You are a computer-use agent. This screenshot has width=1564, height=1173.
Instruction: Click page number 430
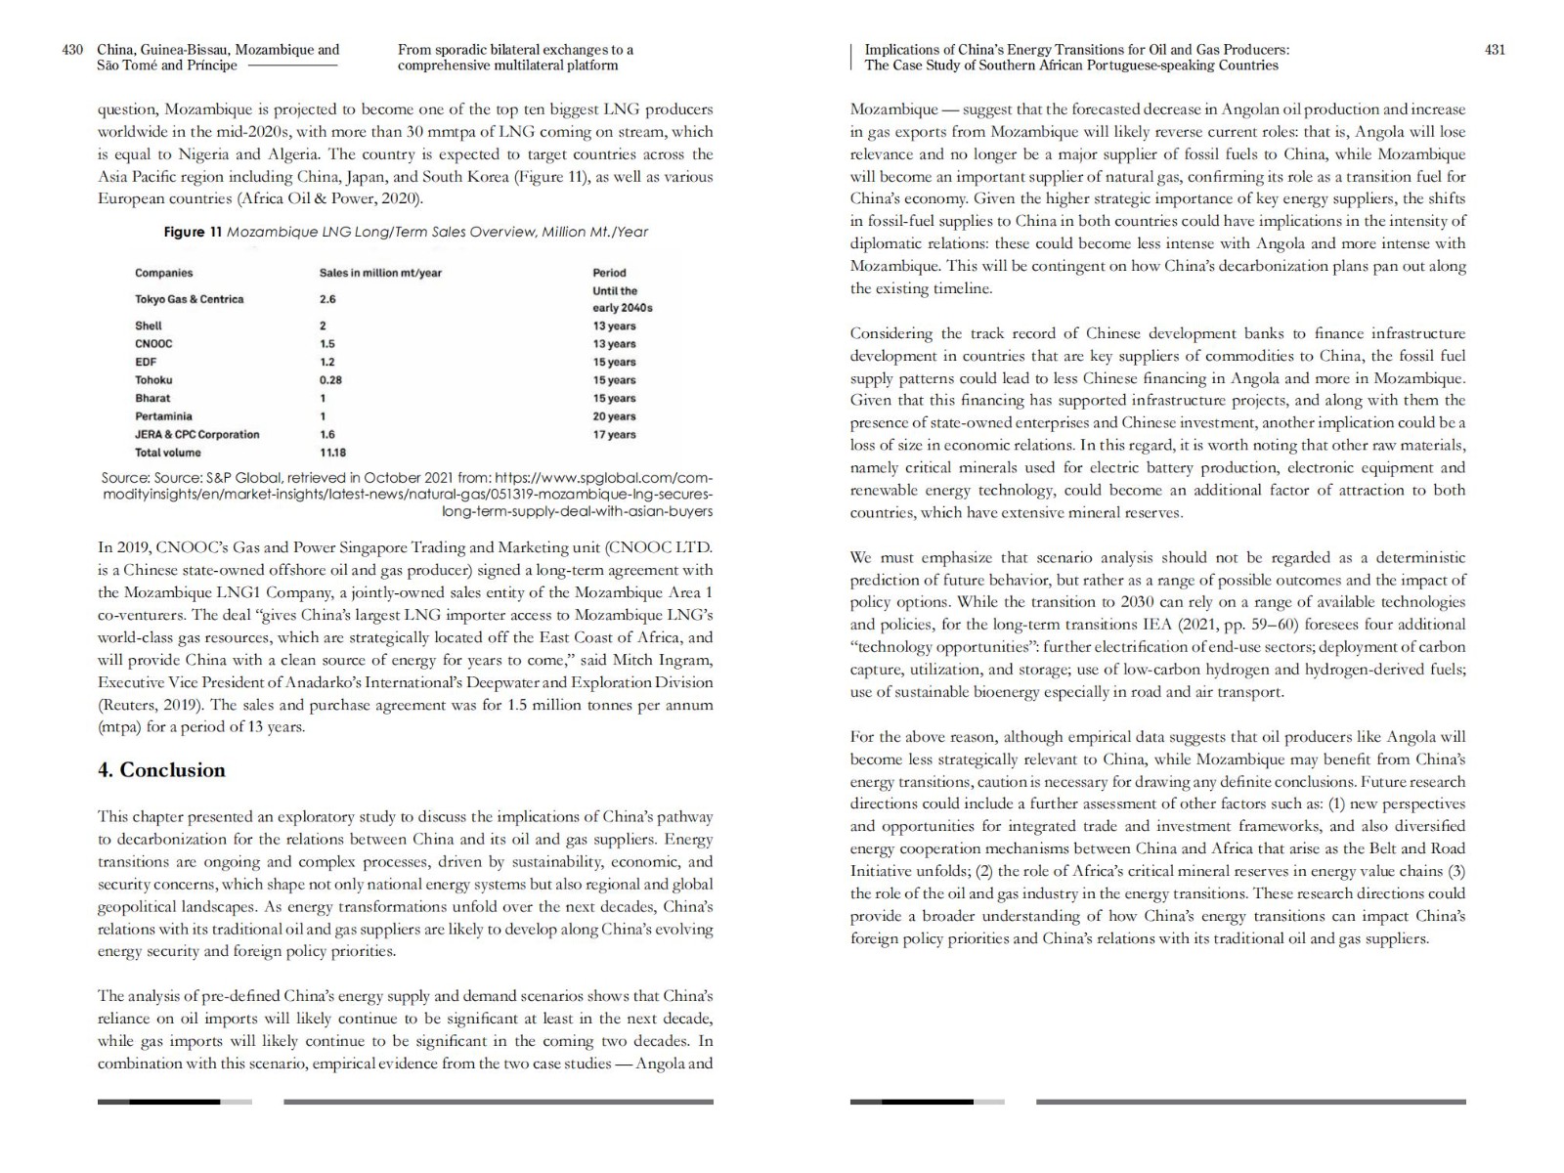[72, 50]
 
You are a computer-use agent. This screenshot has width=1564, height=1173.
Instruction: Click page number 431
[1495, 50]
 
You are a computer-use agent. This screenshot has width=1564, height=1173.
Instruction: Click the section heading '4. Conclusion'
[161, 770]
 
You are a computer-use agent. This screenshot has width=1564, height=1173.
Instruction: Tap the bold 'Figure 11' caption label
[185, 232]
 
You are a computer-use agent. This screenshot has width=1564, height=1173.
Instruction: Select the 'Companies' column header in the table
[164, 273]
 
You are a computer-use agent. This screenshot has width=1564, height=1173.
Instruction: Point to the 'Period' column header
[609, 273]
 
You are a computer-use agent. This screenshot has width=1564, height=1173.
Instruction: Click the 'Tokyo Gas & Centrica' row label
[189, 299]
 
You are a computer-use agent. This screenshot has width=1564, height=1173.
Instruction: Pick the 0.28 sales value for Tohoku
[330, 380]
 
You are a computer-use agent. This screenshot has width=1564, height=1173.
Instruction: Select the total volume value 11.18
[332, 453]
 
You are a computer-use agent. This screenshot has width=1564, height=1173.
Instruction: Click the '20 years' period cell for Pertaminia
[614, 416]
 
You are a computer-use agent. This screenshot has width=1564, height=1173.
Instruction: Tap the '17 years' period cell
[614, 435]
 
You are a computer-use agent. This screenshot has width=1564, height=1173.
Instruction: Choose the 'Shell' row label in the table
[149, 326]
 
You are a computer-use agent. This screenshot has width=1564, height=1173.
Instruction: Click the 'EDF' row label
[146, 362]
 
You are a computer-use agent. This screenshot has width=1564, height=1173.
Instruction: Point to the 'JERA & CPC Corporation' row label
[197, 435]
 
